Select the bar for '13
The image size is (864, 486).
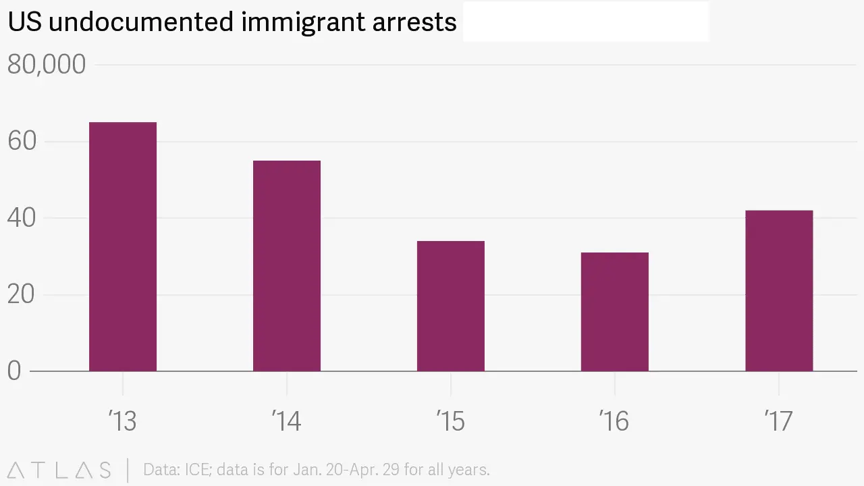click(123, 246)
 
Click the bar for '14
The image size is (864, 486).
click(287, 266)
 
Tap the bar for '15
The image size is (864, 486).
click(451, 306)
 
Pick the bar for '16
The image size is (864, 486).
click(615, 312)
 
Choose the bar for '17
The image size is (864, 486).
click(779, 291)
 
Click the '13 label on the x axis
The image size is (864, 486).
click(122, 421)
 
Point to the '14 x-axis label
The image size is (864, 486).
click(286, 421)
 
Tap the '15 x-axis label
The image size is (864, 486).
click(450, 421)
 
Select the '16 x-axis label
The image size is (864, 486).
click(614, 421)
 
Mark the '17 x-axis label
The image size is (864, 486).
click(778, 421)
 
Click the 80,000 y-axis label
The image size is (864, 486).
click(47, 65)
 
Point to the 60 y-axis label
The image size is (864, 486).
click(22, 142)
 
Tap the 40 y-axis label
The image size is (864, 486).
click(22, 218)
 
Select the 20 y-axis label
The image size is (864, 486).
click(22, 295)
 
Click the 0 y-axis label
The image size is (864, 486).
click(14, 371)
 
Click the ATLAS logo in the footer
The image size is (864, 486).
click(59, 470)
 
